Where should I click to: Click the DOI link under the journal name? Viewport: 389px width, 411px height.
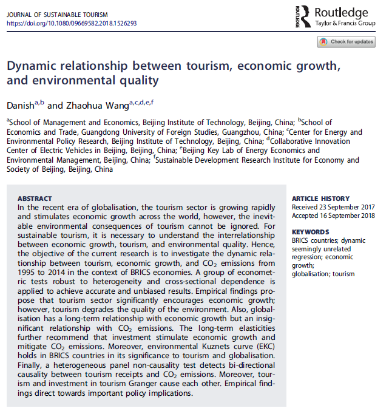(x=72, y=23)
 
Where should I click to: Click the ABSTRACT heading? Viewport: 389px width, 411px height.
(x=35, y=199)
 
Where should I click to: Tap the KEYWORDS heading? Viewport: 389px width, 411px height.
(x=310, y=233)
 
